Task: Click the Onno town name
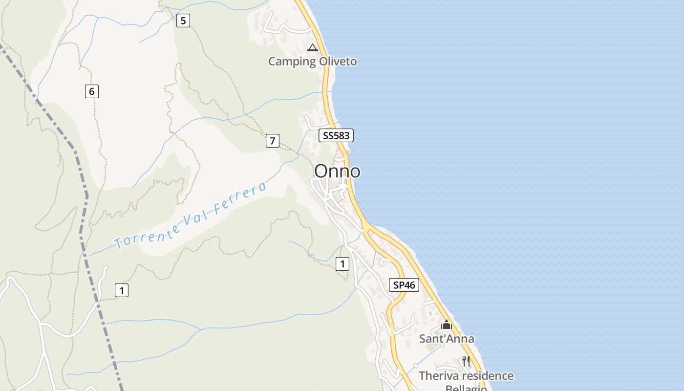337,171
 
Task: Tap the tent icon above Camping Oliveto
313,47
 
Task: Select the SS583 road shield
336,135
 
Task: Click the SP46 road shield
404,284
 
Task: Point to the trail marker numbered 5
183,21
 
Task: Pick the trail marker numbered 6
91,91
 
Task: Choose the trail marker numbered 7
272,141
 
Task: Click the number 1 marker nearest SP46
342,264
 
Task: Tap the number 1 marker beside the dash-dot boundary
121,290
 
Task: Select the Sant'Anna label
447,339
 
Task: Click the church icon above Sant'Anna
447,325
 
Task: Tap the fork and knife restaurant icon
466,361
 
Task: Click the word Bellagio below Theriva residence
466,388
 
